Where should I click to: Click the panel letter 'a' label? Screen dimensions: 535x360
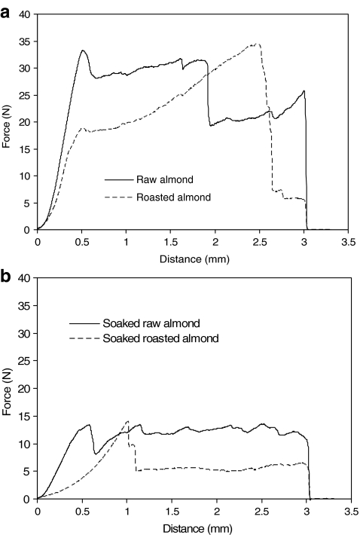[6, 7]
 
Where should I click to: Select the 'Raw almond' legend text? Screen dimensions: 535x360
[160, 180]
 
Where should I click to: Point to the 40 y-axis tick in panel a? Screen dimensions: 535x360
[26, 14]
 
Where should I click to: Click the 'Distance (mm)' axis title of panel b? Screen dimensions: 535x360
[193, 526]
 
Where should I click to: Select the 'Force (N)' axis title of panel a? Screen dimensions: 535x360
[8, 122]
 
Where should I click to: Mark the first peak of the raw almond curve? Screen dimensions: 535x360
[83, 50]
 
